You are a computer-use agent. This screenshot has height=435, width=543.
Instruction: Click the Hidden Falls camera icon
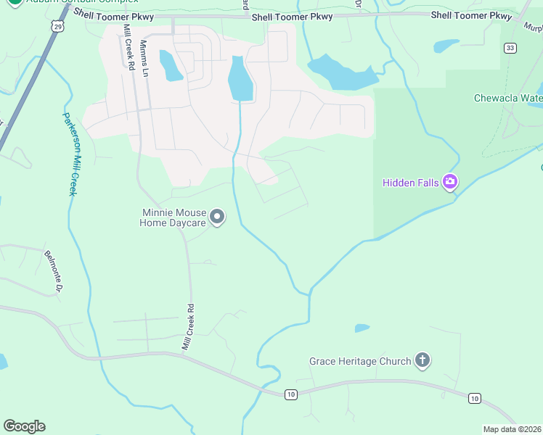point(450,182)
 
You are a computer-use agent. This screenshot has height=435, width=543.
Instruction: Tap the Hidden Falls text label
point(411,183)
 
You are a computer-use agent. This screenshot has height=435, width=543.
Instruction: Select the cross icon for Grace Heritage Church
point(422,360)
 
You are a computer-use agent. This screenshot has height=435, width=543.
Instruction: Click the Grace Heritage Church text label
point(359,361)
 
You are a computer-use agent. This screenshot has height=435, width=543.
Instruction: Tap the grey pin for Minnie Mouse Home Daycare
point(217,217)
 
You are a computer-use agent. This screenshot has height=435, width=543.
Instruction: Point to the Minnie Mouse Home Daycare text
point(173,218)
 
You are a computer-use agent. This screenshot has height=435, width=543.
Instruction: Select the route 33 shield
point(510,48)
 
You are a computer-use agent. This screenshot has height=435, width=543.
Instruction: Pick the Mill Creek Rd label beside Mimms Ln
point(128,47)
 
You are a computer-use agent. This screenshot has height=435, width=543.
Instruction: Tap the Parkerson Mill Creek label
point(69,153)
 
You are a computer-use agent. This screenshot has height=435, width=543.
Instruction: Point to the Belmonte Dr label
point(53,272)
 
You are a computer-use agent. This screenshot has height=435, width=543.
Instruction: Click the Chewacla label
point(508,98)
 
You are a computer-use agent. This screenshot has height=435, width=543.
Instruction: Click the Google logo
point(24,426)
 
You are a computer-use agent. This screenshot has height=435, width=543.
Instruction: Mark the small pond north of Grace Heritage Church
point(362,328)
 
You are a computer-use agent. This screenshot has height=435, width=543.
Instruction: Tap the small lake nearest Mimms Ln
point(171,66)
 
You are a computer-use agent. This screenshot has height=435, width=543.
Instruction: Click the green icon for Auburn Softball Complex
point(15,2)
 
